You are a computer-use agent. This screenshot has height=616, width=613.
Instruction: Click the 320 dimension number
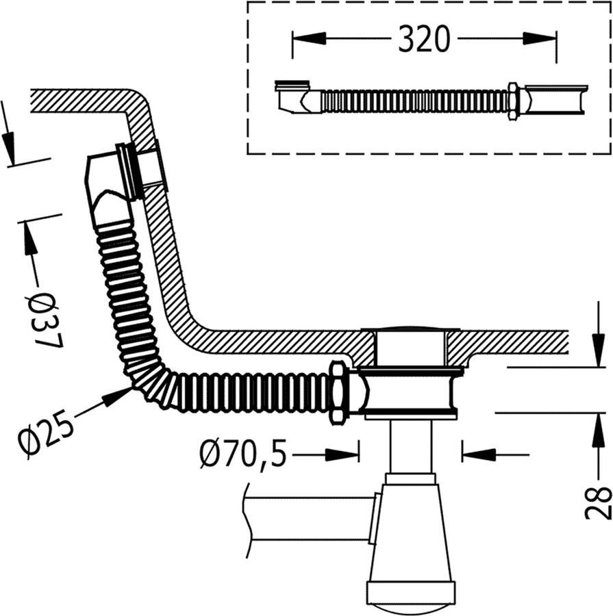coord(423,38)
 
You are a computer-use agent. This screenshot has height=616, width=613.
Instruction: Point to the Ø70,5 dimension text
coord(243,454)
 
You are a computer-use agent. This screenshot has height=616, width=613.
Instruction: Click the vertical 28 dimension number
coord(599,503)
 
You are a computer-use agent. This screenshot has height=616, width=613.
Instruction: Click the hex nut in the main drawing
coord(338,393)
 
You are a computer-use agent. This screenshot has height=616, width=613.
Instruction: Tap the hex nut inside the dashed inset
coord(513,101)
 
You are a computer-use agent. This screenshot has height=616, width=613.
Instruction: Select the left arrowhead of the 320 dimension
coord(310,38)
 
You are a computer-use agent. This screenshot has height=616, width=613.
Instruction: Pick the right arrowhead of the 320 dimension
coord(540,38)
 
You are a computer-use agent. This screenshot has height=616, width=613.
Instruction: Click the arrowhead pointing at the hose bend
coord(118,397)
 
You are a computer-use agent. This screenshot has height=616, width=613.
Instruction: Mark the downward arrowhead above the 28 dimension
coord(598,350)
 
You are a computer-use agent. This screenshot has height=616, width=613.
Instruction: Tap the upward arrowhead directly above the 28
coord(598,430)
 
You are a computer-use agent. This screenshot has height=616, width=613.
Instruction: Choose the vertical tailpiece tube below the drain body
coord(410,446)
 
